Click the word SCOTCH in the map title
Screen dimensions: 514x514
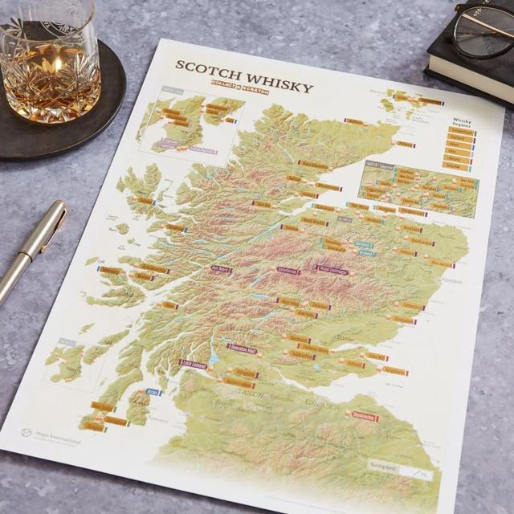(x=206, y=67)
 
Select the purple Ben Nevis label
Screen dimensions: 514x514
(x=221, y=268)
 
